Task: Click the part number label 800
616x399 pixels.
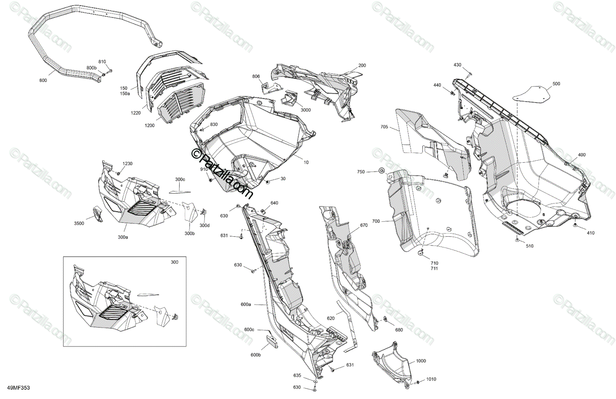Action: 43,81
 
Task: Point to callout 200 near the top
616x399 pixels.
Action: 362,65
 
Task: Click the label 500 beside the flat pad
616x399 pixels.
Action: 556,84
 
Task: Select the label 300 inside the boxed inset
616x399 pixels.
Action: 175,262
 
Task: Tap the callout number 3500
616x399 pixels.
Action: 79,224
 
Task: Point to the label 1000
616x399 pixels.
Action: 421,361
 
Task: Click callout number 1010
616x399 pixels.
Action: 431,379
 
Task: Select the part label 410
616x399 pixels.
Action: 590,233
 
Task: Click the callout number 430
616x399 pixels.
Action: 457,65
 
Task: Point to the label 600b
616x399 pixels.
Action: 256,355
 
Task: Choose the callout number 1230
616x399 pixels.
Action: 127,163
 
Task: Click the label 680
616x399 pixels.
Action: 398,329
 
